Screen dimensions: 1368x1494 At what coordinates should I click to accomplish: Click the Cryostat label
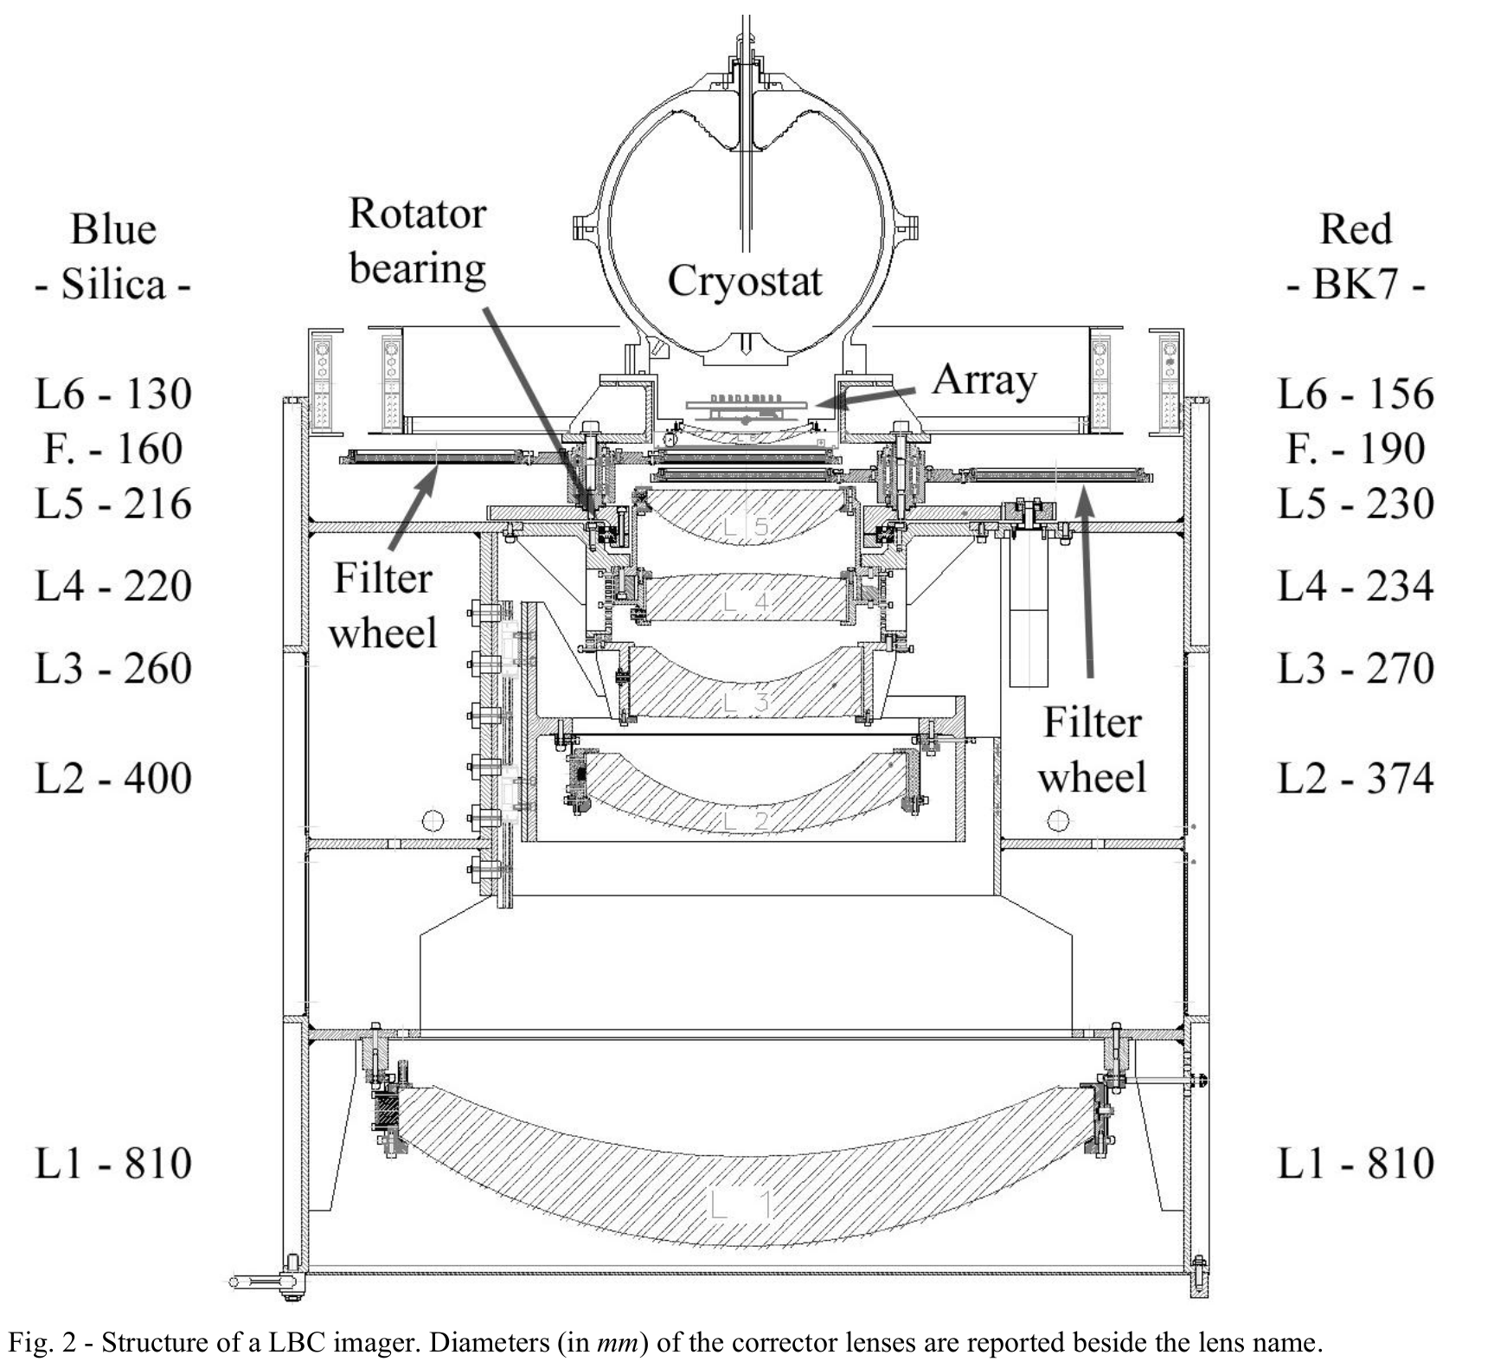click(744, 281)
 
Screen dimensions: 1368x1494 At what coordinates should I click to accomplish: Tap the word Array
click(984, 380)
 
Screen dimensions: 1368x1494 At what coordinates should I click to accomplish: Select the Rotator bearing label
click(417, 241)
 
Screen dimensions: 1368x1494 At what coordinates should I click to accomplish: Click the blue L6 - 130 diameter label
click(112, 394)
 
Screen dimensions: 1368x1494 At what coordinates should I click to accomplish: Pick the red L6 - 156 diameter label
click(1356, 394)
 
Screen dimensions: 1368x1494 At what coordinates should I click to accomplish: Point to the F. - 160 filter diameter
click(112, 448)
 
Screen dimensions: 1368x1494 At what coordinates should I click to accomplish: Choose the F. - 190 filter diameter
click(1356, 448)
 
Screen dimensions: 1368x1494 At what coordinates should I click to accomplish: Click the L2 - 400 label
click(112, 779)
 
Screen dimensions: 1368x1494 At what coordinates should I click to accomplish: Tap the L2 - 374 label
click(1356, 779)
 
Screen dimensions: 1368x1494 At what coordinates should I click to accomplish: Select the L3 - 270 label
click(1356, 669)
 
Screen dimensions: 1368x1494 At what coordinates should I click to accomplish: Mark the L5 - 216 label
click(112, 504)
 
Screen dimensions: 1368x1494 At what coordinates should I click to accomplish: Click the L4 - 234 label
click(1356, 586)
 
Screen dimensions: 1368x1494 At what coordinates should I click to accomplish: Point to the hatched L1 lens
click(744, 1185)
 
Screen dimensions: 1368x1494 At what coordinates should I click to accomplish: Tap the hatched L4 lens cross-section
click(744, 599)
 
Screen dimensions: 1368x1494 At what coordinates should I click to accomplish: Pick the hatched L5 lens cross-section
click(744, 516)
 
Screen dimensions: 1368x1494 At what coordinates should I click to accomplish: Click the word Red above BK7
click(1356, 230)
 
